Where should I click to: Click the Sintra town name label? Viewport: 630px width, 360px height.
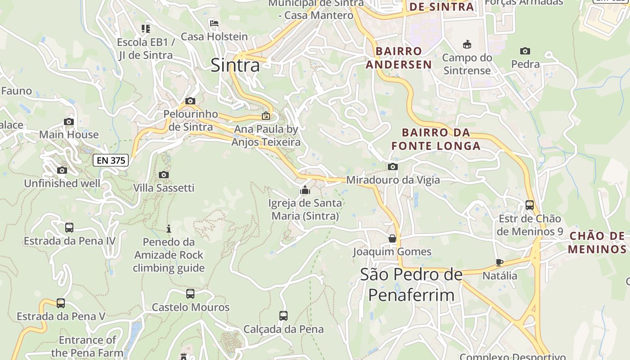point(235,66)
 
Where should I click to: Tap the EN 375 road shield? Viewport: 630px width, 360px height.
point(111,160)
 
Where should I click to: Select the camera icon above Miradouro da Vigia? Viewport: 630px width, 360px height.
point(392,167)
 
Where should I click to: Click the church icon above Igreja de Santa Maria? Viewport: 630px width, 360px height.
point(305,190)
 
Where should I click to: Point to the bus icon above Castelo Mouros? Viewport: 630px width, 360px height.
point(190,294)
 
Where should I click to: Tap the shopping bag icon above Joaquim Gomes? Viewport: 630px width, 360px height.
point(392,238)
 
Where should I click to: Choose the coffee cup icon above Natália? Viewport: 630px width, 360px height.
point(499,262)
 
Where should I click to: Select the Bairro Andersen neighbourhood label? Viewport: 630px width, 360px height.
point(399,58)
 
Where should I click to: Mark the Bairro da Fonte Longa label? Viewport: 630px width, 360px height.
point(436,139)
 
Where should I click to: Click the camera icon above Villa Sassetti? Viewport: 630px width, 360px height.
point(164,175)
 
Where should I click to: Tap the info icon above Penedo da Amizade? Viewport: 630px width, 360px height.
point(169,229)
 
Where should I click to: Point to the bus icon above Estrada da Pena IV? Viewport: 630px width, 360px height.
point(69,228)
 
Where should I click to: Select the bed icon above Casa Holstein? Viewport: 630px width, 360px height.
point(214,23)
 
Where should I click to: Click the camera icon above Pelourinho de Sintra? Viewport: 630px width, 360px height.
point(190,101)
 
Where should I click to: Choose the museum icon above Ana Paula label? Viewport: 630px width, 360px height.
point(266,116)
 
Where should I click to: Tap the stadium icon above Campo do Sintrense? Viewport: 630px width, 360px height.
point(467,45)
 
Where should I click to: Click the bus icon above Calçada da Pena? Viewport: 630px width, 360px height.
point(283,316)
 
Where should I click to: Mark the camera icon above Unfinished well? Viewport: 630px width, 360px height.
point(62,170)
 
